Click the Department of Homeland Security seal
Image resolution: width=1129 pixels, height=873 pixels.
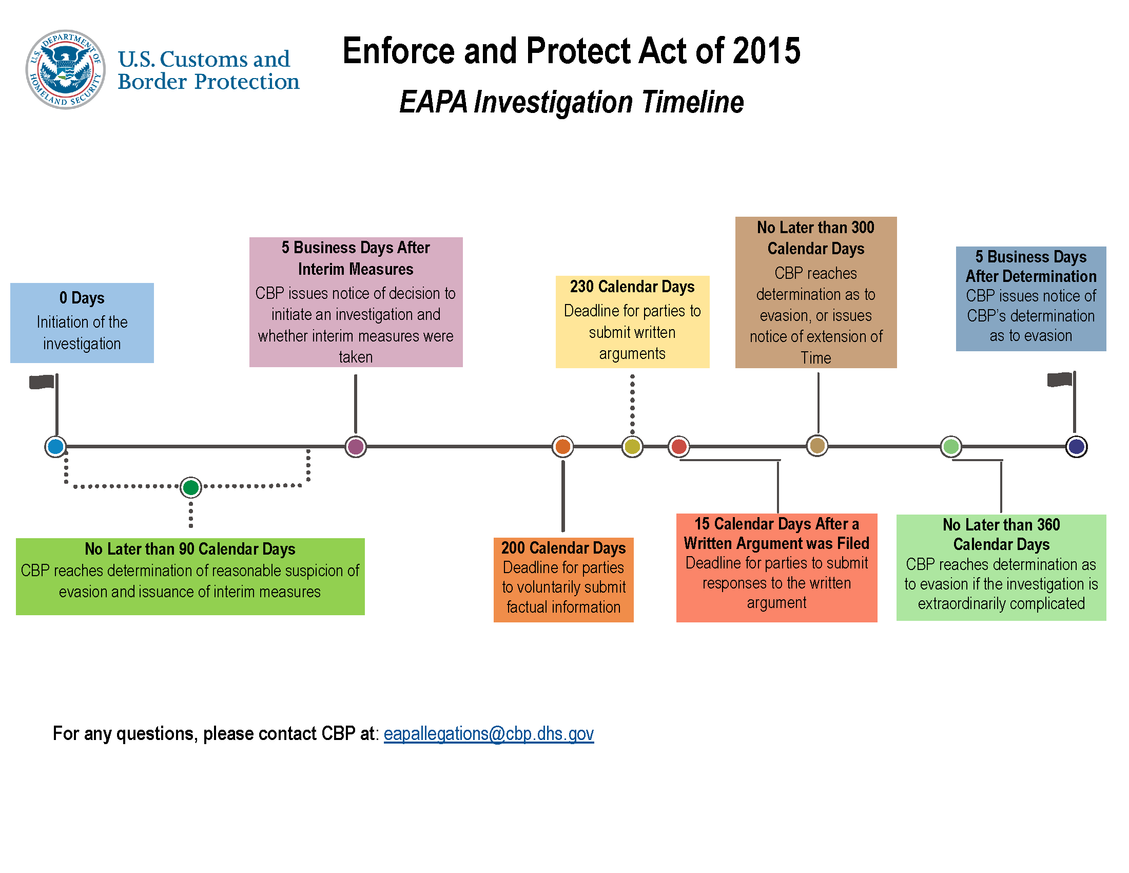click(x=66, y=69)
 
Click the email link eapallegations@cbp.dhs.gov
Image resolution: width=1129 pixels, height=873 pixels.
click(x=489, y=734)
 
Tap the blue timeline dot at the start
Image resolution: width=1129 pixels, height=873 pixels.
click(x=55, y=446)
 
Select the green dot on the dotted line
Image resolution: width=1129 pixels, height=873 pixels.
click(x=191, y=487)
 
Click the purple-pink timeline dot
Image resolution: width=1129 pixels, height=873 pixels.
click(x=356, y=446)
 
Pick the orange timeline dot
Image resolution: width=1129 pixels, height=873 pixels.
click(x=562, y=446)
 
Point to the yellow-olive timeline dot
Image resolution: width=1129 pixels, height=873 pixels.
click(x=632, y=446)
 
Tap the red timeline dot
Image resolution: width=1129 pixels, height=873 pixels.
click(x=679, y=446)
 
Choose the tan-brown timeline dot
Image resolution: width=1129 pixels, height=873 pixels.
click(x=817, y=445)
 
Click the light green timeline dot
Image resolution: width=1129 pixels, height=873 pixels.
click(x=950, y=446)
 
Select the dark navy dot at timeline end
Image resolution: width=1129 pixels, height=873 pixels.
click(x=1077, y=446)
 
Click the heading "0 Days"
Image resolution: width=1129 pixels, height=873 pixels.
click(x=82, y=298)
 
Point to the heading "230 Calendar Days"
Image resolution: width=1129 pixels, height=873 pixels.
click(x=632, y=287)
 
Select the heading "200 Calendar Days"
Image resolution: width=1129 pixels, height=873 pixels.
click(x=563, y=548)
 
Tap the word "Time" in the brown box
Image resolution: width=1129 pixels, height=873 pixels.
click(x=816, y=358)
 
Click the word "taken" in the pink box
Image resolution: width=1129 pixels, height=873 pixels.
click(x=356, y=357)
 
